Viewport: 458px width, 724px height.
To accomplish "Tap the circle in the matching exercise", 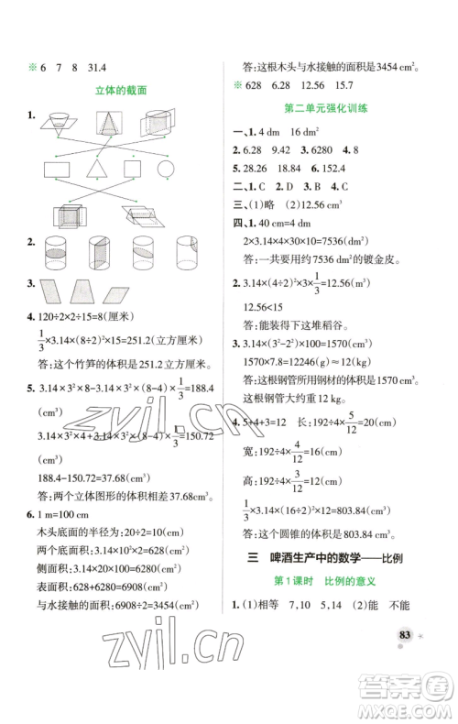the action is coord(168,169).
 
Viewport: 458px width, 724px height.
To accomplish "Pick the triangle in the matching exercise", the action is coord(94,169).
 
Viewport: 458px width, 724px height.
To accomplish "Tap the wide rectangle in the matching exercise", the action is coord(132,169).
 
